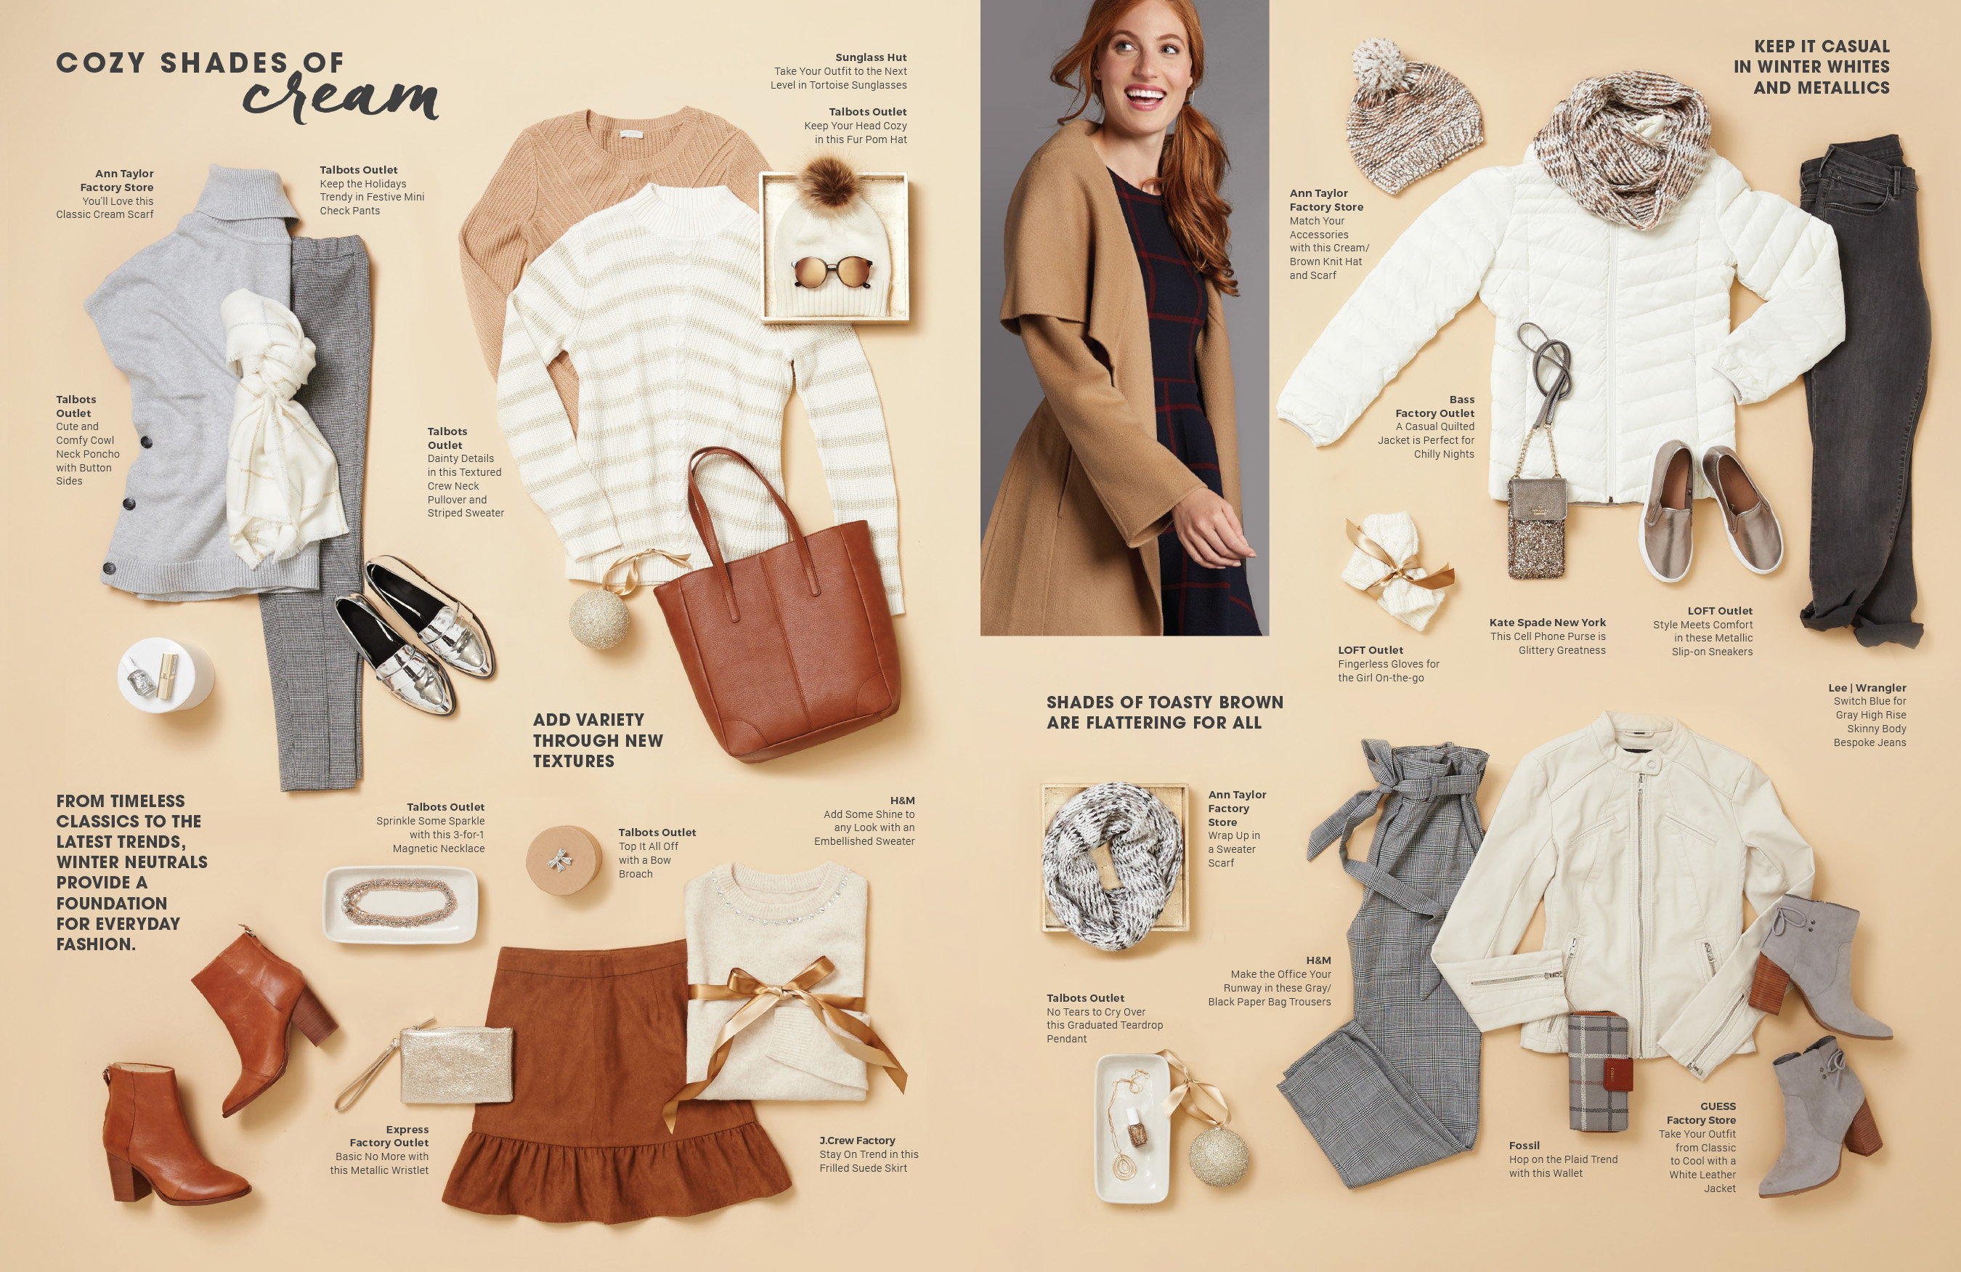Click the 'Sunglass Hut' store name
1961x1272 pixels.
pos(871,57)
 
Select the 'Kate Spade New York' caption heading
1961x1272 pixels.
pos(1548,623)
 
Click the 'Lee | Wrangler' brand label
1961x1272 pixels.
pos(1867,687)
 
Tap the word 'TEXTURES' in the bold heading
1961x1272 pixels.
pos(574,761)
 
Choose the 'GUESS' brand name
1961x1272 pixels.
pos(1718,1106)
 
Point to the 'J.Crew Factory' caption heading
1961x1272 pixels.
pos(857,1140)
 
